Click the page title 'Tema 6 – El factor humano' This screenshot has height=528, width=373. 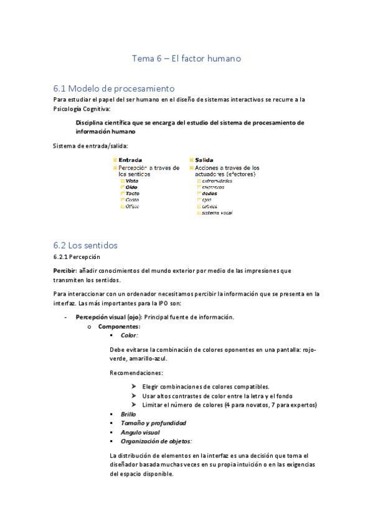coord(186,59)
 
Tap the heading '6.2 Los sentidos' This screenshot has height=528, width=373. coord(85,245)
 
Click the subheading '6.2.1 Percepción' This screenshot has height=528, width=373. coord(77,256)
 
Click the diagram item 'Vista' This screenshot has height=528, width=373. coord(132,181)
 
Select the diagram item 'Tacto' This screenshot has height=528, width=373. coord(132,194)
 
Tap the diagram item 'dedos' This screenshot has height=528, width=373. coord(210,194)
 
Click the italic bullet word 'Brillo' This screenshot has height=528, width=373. coord(128,414)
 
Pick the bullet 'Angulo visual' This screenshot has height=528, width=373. coord(140,432)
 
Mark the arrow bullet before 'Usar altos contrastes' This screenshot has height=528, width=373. coord(135,396)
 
